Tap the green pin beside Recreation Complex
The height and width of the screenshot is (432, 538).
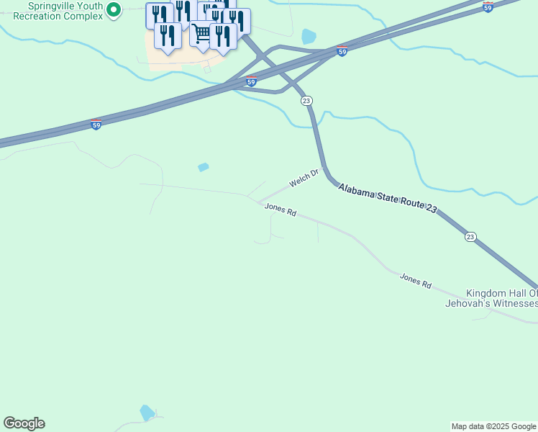point(113,10)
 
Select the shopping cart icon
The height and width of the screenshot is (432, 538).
point(203,33)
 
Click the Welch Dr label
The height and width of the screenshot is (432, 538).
point(304,178)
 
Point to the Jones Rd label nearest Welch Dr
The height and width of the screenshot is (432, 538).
point(281,210)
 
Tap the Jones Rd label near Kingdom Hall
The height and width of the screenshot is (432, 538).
point(415,281)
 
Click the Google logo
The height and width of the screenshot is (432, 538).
point(24,423)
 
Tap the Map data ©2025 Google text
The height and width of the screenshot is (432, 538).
point(493,426)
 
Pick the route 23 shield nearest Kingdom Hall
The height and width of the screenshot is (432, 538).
point(470,237)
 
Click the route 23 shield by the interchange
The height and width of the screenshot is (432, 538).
point(306,101)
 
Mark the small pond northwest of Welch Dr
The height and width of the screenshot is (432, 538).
point(204,167)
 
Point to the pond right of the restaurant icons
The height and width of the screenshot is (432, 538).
point(309,36)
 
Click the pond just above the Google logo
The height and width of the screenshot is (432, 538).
point(147,413)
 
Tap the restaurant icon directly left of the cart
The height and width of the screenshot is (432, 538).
point(168,35)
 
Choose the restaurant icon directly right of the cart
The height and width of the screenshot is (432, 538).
point(224,36)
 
